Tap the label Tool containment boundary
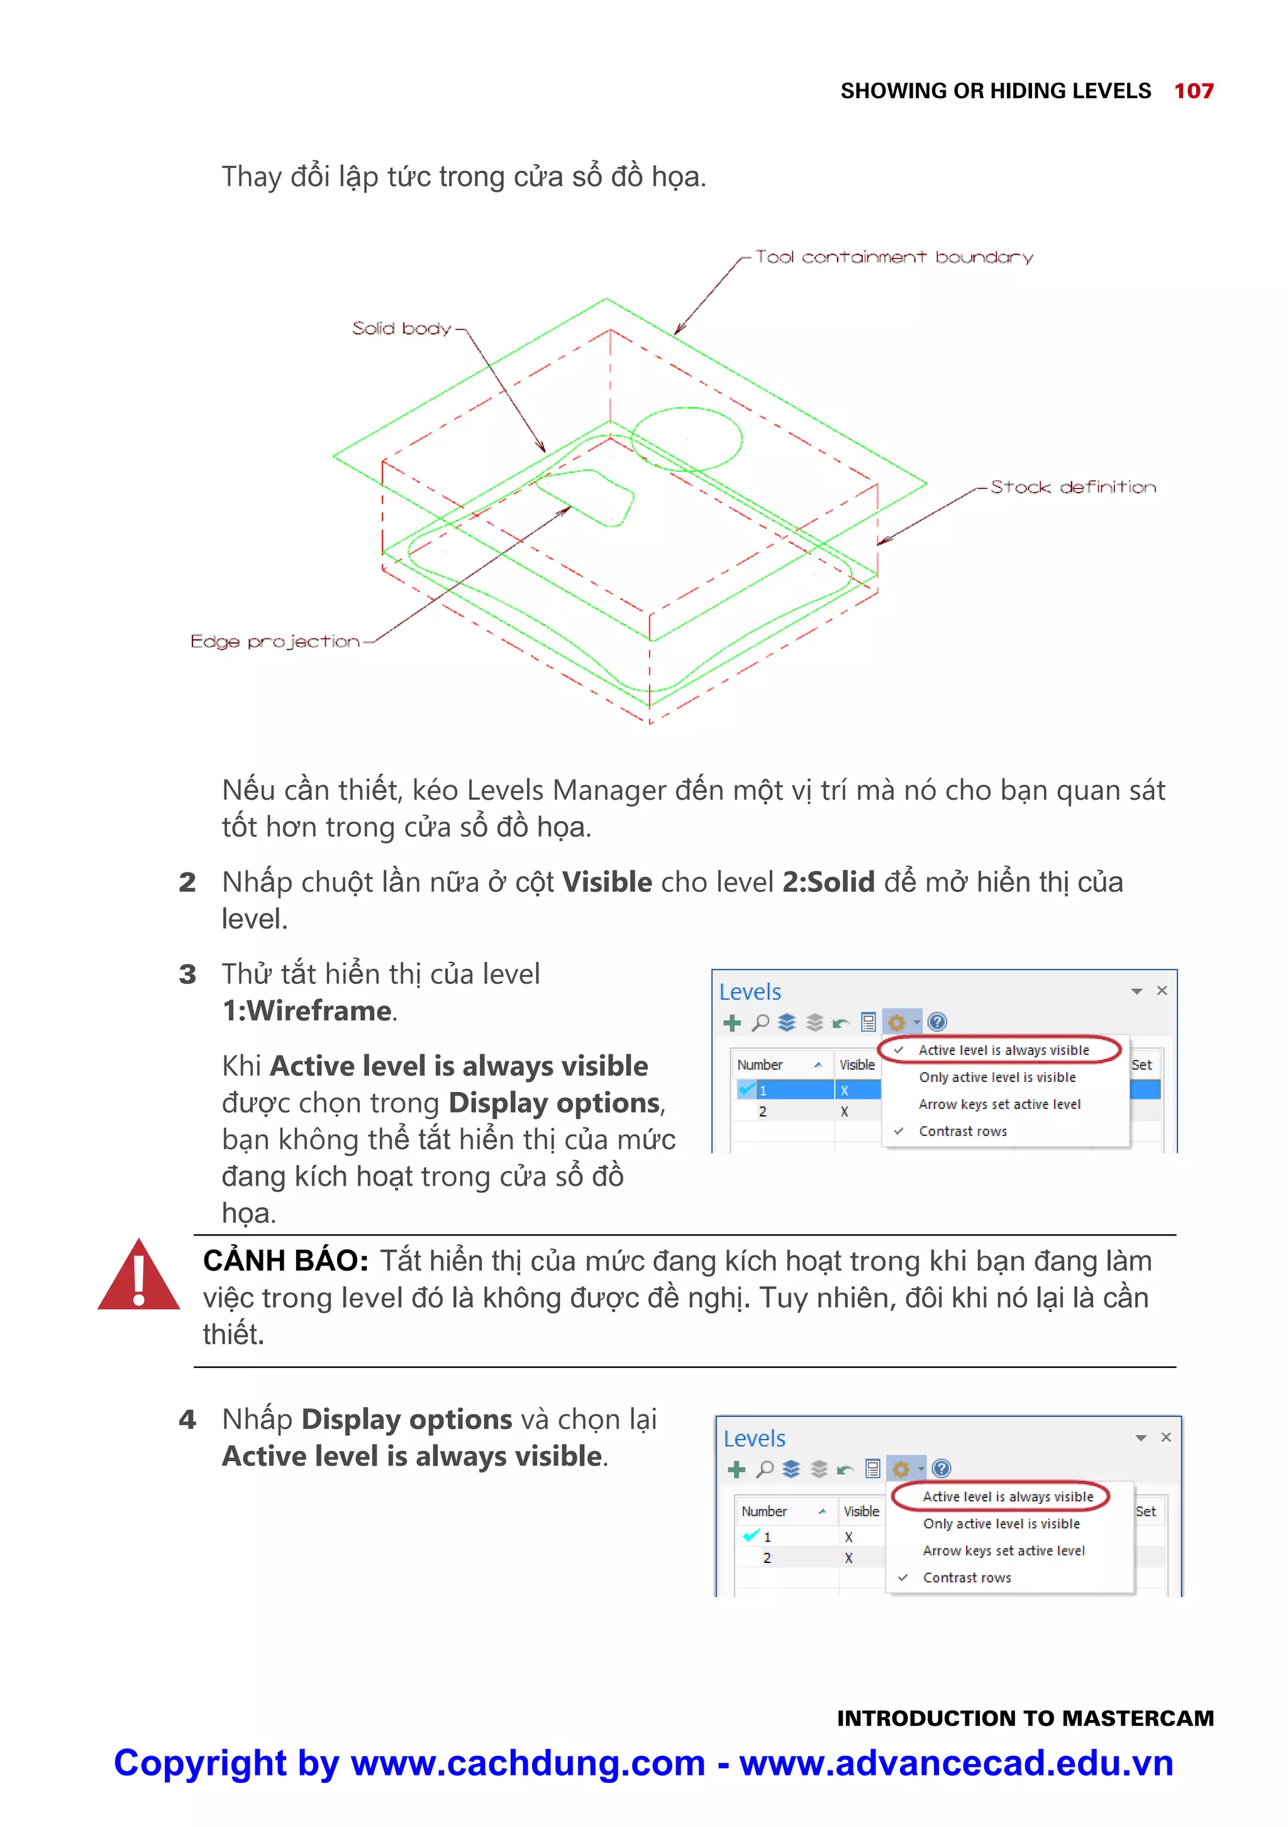click(893, 257)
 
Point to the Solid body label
click(401, 329)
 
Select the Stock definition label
click(1072, 487)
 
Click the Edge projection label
click(275, 641)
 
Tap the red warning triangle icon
click(138, 1277)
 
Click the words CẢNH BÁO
click(285, 1261)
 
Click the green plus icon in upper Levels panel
click(731, 1022)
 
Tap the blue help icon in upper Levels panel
click(937, 1022)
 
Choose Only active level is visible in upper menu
click(997, 1078)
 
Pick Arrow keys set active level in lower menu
click(1003, 1551)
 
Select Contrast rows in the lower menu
click(967, 1578)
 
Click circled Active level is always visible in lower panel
click(1007, 1497)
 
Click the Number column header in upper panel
click(760, 1064)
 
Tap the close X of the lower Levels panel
click(1165, 1437)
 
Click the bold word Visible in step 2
click(607, 883)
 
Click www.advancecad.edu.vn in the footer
click(955, 1764)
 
